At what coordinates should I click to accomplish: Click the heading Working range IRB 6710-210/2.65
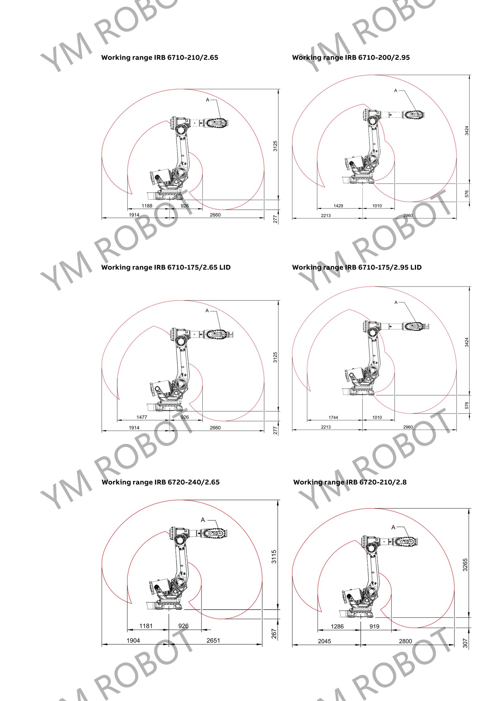click(160, 58)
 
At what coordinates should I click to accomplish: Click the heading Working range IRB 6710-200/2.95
click(351, 58)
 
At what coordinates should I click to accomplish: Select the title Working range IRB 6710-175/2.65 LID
click(166, 267)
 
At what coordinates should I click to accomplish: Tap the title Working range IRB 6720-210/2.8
click(350, 482)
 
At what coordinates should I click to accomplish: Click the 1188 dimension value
click(147, 206)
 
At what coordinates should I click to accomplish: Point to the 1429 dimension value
click(338, 206)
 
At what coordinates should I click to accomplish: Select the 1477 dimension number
click(142, 417)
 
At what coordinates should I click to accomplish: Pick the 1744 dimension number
click(333, 418)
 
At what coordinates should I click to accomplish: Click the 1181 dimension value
click(146, 626)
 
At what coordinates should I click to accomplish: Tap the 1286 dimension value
click(337, 626)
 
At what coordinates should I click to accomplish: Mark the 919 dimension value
click(374, 626)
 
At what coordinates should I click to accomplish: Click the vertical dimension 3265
click(465, 565)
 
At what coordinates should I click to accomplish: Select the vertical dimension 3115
click(274, 557)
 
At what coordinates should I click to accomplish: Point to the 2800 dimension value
click(405, 641)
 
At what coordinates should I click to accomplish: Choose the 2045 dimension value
click(325, 641)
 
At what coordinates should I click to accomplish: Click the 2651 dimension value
click(213, 641)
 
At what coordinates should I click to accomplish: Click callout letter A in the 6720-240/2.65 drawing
click(203, 520)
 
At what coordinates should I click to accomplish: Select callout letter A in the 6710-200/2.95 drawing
click(396, 90)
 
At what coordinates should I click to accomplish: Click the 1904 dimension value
click(133, 641)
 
